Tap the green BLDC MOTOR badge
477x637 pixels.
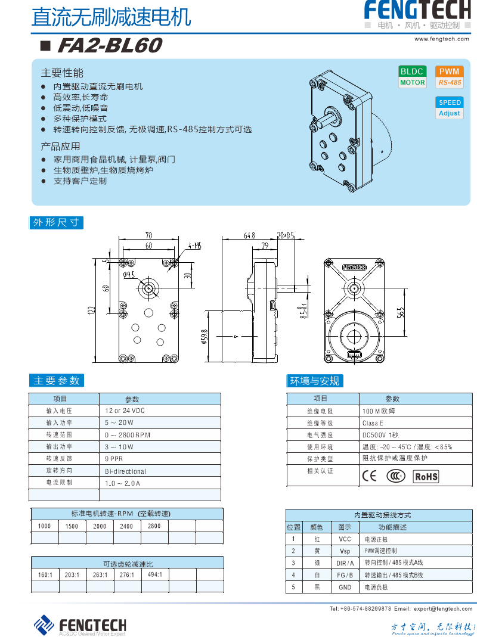click(413, 77)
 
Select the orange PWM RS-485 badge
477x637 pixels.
click(449, 77)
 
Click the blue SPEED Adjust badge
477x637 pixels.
click(450, 108)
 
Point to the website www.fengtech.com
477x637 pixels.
click(442, 39)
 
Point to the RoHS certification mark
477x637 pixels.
click(426, 476)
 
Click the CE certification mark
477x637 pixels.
click(369, 476)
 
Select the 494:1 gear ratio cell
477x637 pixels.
click(154, 574)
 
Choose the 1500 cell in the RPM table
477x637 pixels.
click(72, 526)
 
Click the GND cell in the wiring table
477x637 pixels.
click(345, 588)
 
